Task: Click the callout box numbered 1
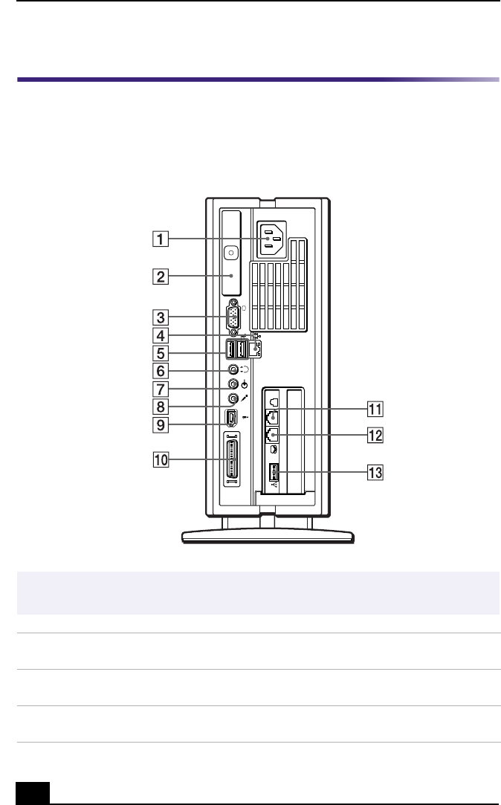[x=160, y=239]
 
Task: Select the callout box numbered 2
[x=160, y=277]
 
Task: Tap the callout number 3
[x=160, y=317]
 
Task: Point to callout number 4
[x=160, y=336]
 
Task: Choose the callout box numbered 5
[x=160, y=353]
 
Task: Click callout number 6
[x=160, y=371]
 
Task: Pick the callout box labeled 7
[x=160, y=389]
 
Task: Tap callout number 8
[x=160, y=407]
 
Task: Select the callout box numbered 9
[x=160, y=424]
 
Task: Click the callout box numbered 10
[x=161, y=459]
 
